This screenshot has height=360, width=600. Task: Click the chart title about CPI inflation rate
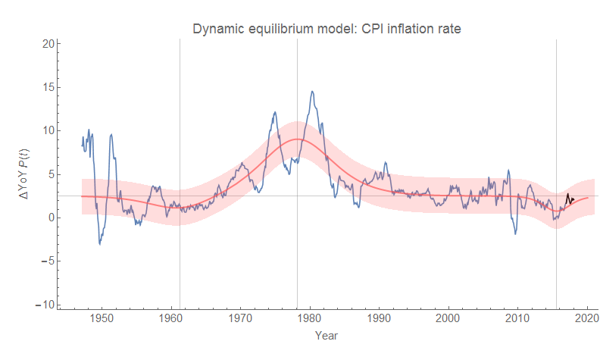pos(327,30)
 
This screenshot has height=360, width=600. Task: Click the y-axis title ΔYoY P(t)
pos(24,174)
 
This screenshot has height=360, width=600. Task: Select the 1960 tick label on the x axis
pos(171,318)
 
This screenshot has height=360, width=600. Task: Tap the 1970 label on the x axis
pos(241,318)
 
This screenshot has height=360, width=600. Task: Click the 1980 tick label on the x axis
pos(310,318)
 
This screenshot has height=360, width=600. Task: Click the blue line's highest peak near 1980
pos(312,92)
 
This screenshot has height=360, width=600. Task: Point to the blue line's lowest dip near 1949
pos(99,243)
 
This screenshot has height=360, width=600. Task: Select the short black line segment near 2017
pos(569,199)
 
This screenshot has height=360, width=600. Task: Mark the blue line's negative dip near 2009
pos(515,233)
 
